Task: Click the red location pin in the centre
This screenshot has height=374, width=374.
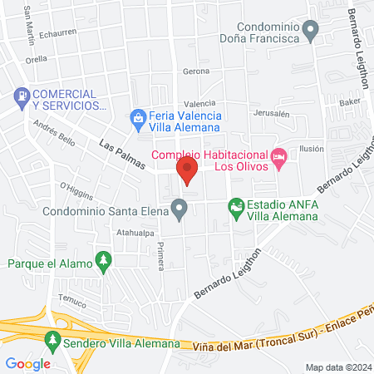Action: click(187, 173)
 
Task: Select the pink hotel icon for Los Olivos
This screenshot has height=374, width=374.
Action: click(280, 156)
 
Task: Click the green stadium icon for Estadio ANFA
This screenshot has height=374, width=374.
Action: click(237, 205)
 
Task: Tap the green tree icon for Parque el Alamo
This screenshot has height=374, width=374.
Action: click(103, 261)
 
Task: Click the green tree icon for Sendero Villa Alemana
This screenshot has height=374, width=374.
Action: click(53, 340)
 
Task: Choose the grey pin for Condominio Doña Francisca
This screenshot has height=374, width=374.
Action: click(311, 32)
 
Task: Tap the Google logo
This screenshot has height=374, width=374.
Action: click(27, 363)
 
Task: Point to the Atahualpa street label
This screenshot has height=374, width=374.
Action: click(135, 234)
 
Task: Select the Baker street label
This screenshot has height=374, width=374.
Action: click(350, 101)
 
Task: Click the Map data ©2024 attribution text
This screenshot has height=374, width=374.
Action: click(337, 367)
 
